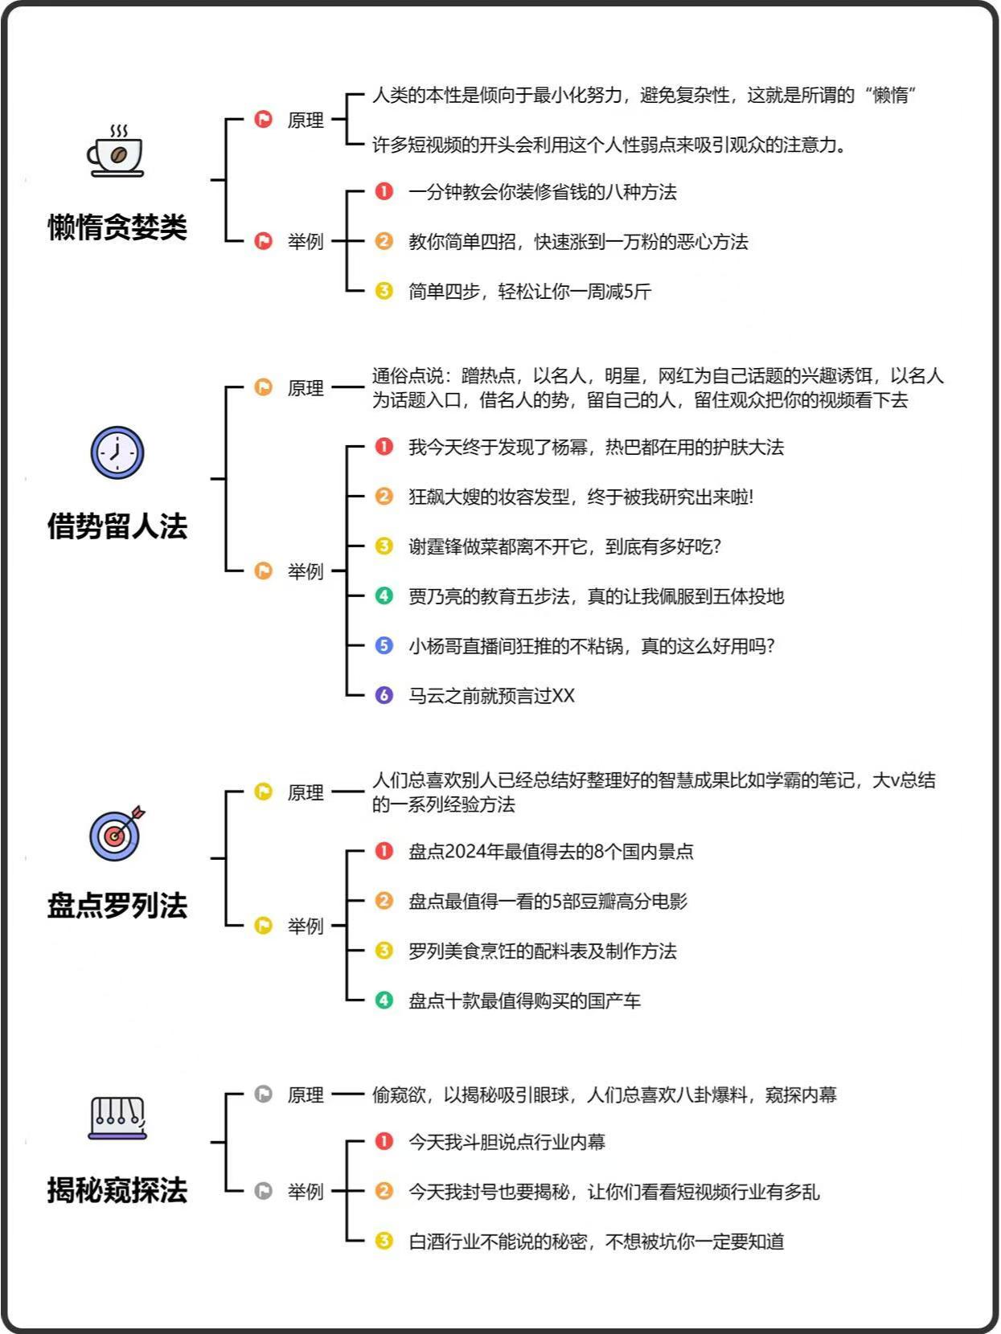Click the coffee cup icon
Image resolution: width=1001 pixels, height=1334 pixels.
[116, 151]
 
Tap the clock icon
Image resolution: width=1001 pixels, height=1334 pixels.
[117, 452]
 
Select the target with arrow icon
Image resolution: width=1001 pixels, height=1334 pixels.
[117, 833]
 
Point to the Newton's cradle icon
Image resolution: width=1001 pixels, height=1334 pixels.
[117, 1119]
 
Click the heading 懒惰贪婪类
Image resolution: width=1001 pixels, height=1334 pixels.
[117, 227]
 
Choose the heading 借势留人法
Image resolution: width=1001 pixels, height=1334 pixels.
[117, 526]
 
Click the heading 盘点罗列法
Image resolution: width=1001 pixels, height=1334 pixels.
[117, 906]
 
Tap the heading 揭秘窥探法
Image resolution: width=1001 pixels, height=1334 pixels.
[117, 1190]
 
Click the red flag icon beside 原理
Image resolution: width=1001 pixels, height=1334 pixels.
[263, 119]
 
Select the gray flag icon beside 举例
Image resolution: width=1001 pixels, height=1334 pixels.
[263, 1191]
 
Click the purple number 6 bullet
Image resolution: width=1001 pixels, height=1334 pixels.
[384, 694]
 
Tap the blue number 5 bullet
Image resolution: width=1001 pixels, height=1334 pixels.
[384, 644]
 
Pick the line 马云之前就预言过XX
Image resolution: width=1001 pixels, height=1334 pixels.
[491, 695]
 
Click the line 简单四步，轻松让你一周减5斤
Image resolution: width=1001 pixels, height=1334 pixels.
[529, 292]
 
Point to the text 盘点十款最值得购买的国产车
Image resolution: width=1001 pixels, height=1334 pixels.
[524, 1000]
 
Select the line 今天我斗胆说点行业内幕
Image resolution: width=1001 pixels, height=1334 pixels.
[507, 1142]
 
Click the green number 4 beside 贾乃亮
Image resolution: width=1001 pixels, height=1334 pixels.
[384, 595]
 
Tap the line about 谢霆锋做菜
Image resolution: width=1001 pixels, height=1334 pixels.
[564, 546]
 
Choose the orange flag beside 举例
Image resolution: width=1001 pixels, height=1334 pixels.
[263, 571]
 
